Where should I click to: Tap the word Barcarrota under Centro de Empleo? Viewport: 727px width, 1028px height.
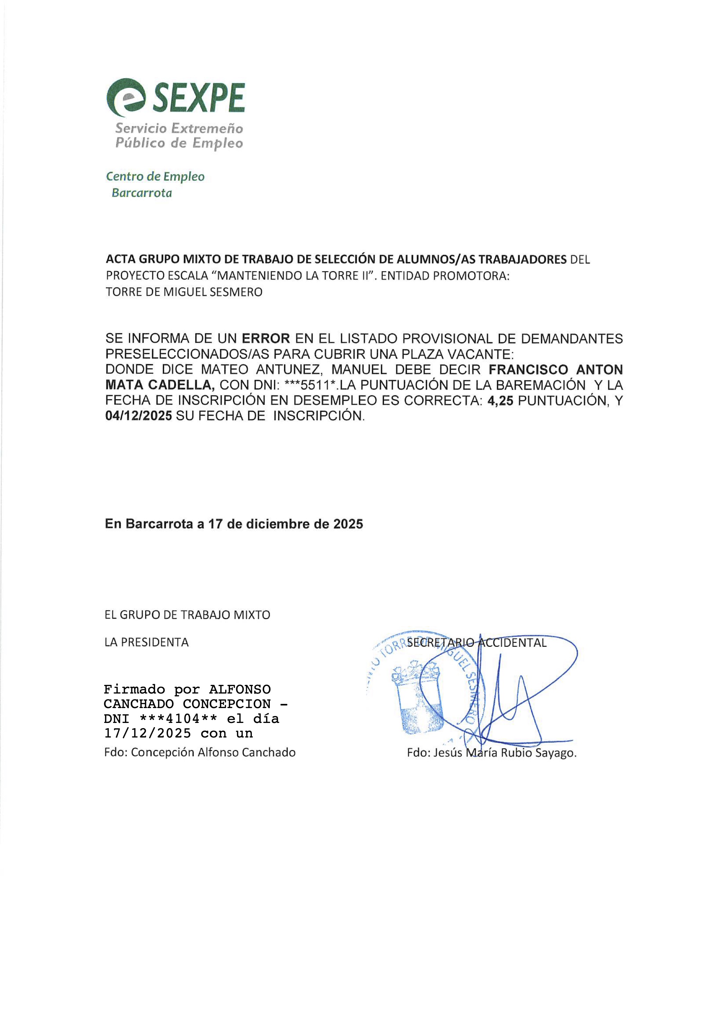pos(142,193)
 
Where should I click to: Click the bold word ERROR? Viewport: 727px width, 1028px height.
pos(266,339)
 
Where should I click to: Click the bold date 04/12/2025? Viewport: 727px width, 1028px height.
pos(139,416)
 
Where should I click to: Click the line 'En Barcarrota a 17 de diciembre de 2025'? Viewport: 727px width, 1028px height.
pos(234,524)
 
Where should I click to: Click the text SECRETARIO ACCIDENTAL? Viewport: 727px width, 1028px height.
pos(477,643)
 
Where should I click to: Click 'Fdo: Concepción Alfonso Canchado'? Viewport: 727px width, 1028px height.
pos(200,752)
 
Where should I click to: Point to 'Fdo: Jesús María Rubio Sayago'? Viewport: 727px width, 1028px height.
pos(491,753)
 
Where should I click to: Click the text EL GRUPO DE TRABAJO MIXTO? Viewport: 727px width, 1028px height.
pos(187,615)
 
